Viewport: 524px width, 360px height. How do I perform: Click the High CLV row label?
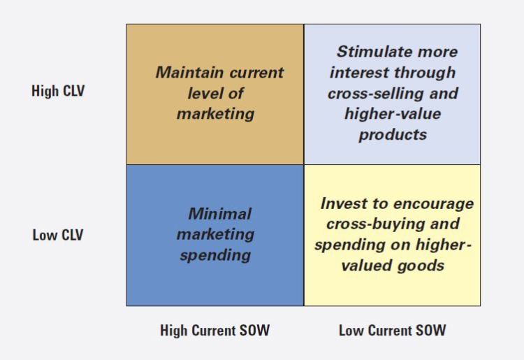(x=58, y=91)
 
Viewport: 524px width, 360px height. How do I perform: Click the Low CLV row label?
(x=57, y=235)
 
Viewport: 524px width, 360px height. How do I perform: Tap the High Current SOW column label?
(x=214, y=331)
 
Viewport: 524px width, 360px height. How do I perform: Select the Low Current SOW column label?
(x=392, y=331)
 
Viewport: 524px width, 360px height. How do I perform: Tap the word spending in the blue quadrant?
(x=215, y=255)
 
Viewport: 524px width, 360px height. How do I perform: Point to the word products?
(x=392, y=134)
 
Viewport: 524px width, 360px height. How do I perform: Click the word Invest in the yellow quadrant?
(x=343, y=203)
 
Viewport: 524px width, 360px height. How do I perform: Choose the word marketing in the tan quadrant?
(x=215, y=113)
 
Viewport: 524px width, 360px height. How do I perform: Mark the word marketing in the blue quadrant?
(x=215, y=234)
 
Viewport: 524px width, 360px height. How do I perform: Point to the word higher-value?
(x=393, y=114)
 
